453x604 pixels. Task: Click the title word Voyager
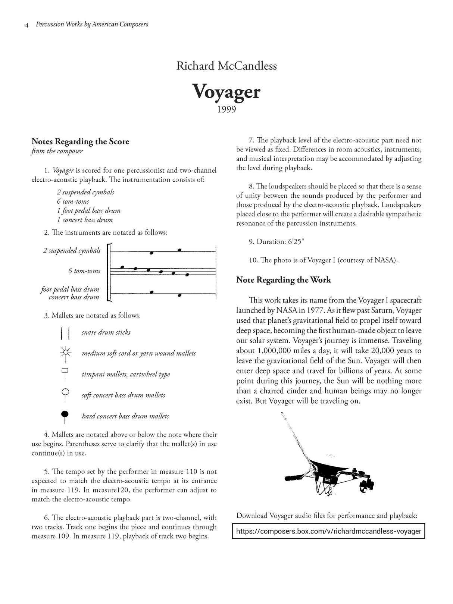[x=226, y=92]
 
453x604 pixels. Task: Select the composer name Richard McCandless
[x=226, y=66]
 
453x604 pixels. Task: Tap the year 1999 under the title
[x=226, y=110]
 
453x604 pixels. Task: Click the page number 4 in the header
[x=27, y=25]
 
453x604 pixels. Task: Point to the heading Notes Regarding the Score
[x=80, y=141]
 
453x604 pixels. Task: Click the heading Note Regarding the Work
[x=283, y=280]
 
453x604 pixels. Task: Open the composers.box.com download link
[x=328, y=531]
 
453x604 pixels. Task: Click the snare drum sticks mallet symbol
[x=65, y=332]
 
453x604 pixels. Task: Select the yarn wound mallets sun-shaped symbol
[x=66, y=353]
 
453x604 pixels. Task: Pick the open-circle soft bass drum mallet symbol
[x=66, y=394]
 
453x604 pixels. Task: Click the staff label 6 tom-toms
[x=84, y=271]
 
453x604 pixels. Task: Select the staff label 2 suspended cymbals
[x=72, y=251]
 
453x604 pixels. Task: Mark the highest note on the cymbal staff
[x=180, y=250]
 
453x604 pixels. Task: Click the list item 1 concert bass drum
[x=84, y=220]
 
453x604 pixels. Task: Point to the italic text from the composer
[x=57, y=151]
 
